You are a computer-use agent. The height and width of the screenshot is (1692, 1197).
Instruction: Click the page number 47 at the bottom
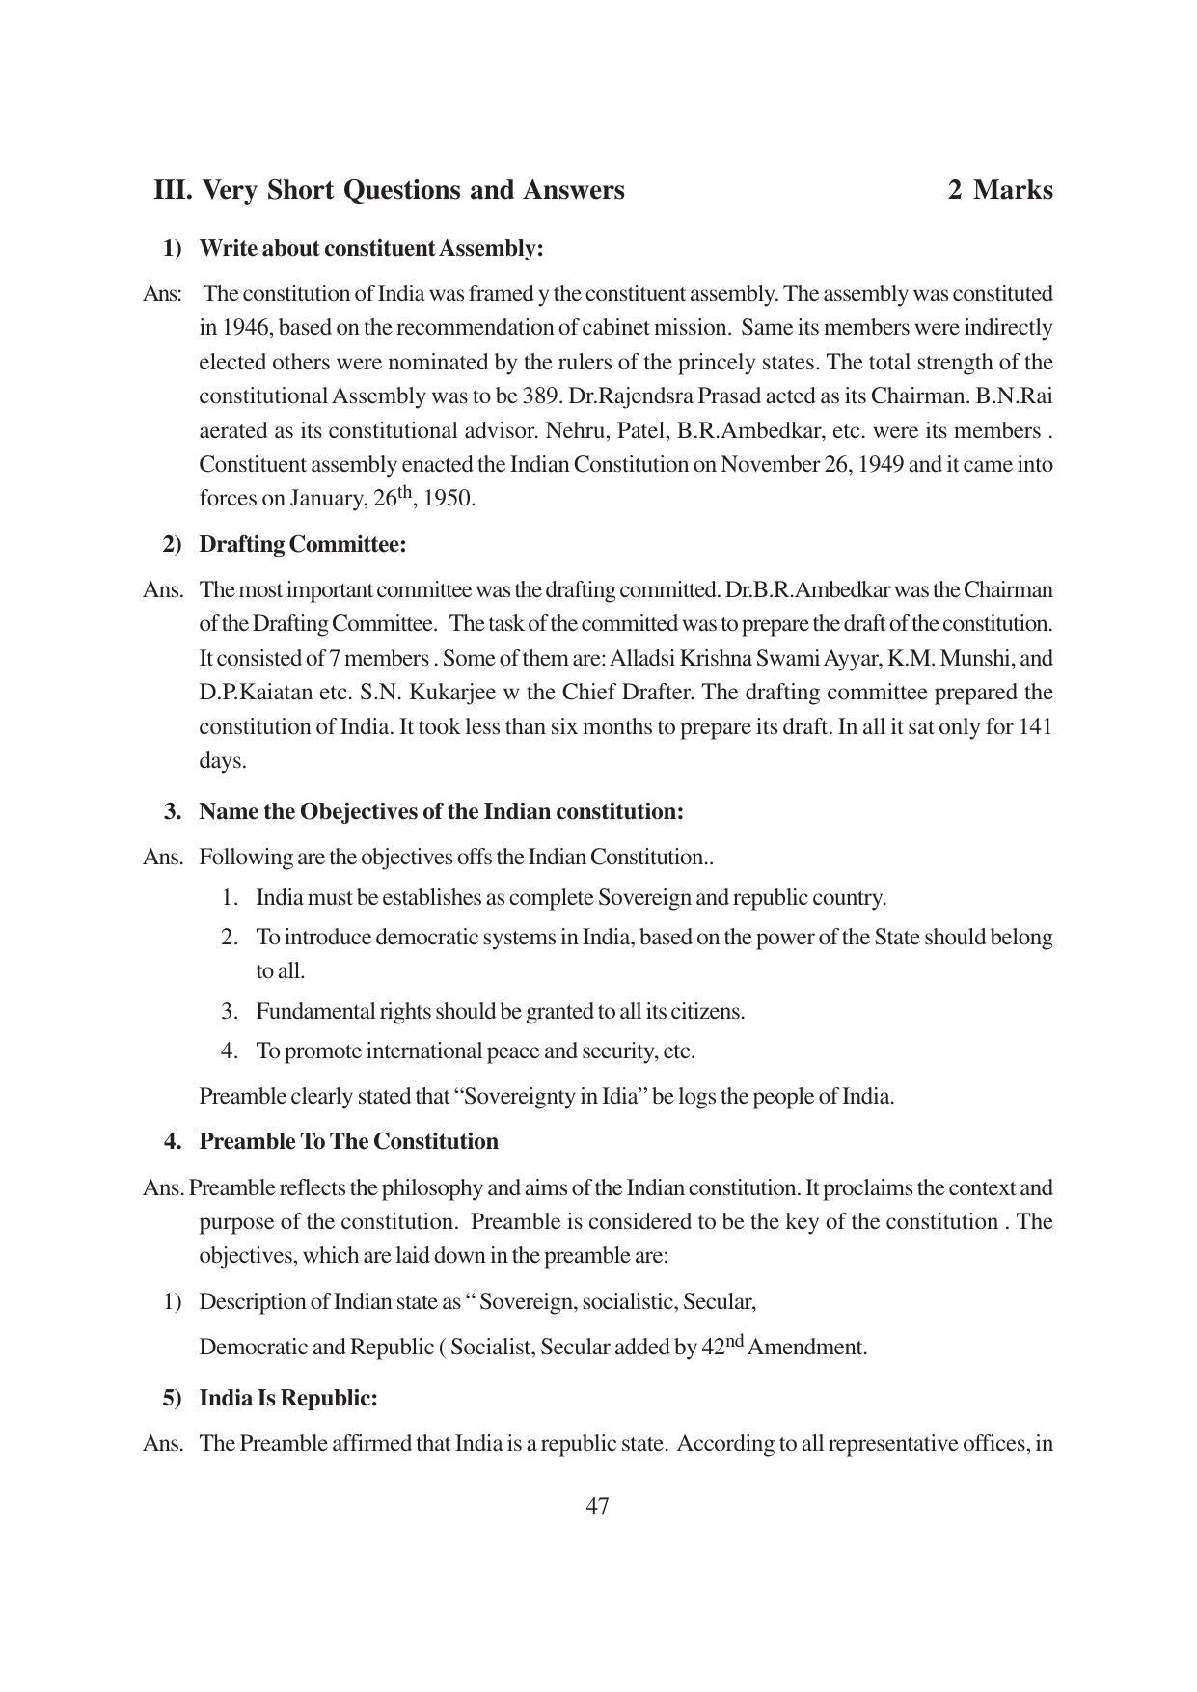(597, 1506)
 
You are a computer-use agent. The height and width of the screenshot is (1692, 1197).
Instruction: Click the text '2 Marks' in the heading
(999, 190)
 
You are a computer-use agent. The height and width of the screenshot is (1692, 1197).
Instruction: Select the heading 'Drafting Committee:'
(302, 545)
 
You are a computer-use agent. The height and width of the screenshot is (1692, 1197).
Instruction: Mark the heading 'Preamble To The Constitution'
(348, 1142)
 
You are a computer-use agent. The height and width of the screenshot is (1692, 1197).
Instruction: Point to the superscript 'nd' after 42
(735, 1341)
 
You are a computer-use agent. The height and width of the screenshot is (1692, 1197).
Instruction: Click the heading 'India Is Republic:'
(287, 1399)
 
